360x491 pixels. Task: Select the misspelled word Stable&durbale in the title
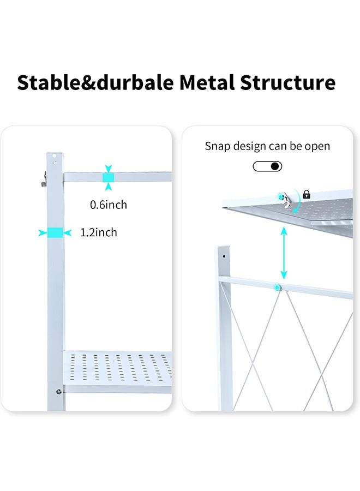pyautogui.click(x=95, y=83)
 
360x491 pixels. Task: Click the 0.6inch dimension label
pyautogui.click(x=109, y=205)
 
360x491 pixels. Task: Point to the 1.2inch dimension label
pyautogui.click(x=99, y=232)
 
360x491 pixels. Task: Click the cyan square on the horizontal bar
pyautogui.click(x=109, y=177)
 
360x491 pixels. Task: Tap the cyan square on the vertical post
pyautogui.click(x=55, y=232)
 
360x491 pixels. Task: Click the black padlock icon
pyautogui.click(x=306, y=194)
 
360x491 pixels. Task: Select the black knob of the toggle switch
pyautogui.click(x=274, y=166)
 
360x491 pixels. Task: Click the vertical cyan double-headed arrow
pyautogui.click(x=284, y=253)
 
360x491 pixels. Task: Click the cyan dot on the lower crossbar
pyautogui.click(x=278, y=287)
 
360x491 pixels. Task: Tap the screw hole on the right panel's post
pyautogui.click(x=224, y=255)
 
